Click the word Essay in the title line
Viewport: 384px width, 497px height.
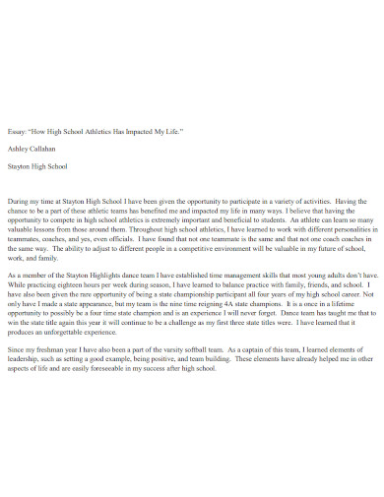pyautogui.click(x=17, y=130)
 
